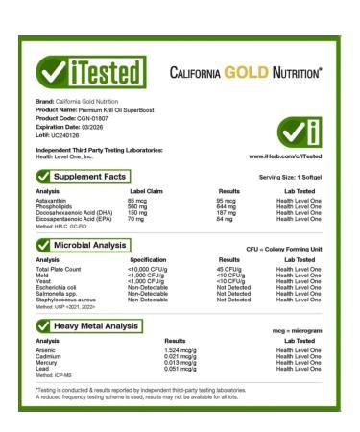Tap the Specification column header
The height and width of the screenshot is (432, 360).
pyautogui.click(x=152, y=259)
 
